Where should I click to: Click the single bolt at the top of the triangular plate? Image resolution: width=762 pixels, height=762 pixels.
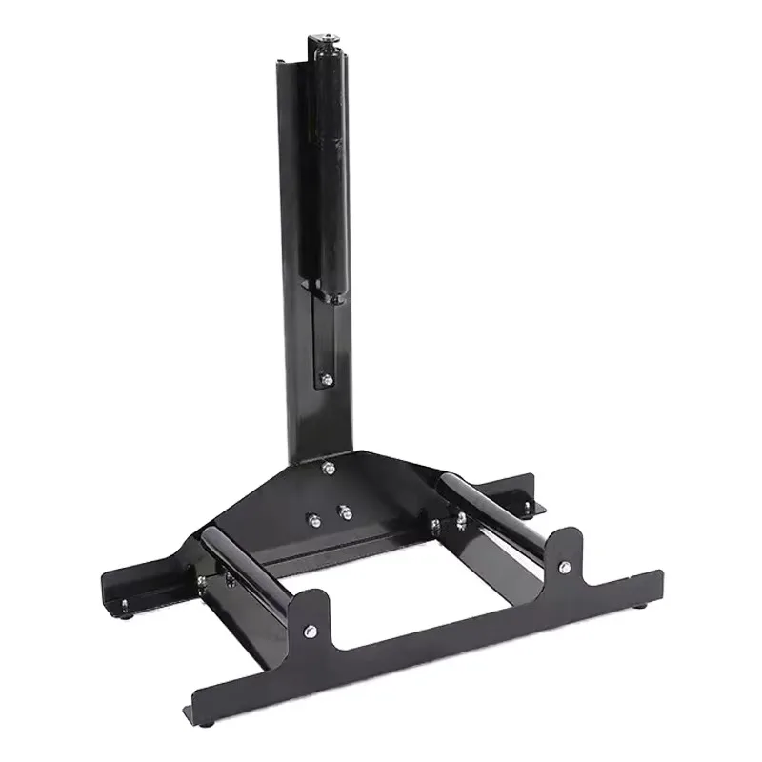pyautogui.click(x=328, y=466)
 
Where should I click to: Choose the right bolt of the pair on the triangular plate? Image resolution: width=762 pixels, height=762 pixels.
pyautogui.click(x=346, y=513)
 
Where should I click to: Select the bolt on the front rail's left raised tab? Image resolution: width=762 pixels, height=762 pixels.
pyautogui.click(x=311, y=630)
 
